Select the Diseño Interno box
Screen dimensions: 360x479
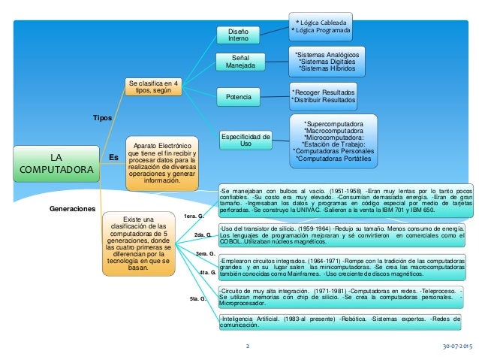(x=237, y=34)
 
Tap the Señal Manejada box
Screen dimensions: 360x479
(x=237, y=62)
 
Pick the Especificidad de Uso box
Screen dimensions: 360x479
(x=246, y=140)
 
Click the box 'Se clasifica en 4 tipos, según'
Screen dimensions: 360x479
(x=153, y=86)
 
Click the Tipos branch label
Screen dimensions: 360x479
(x=102, y=119)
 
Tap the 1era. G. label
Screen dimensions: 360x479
(x=194, y=216)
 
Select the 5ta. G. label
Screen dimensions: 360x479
(x=200, y=299)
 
